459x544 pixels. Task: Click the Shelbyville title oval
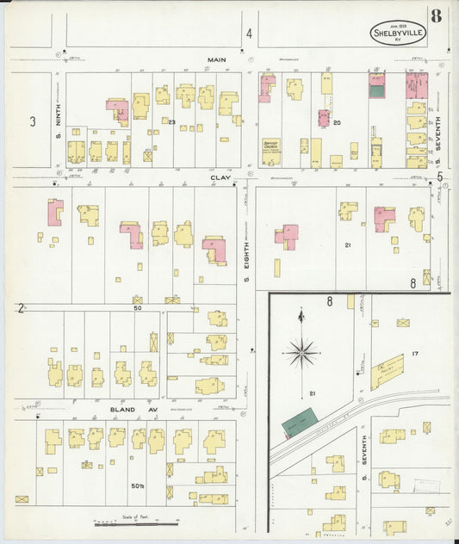point(399,33)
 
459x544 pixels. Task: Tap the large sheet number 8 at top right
point(437,15)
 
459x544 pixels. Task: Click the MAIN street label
point(215,60)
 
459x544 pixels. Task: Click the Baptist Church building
point(271,151)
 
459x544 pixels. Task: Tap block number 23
point(172,122)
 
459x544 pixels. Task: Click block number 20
point(337,122)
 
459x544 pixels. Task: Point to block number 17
point(414,353)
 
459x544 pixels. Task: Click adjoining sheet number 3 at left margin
point(33,121)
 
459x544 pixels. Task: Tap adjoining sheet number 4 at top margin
point(249,34)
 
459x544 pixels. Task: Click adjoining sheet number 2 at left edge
point(19,307)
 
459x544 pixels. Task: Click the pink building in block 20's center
point(324,118)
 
